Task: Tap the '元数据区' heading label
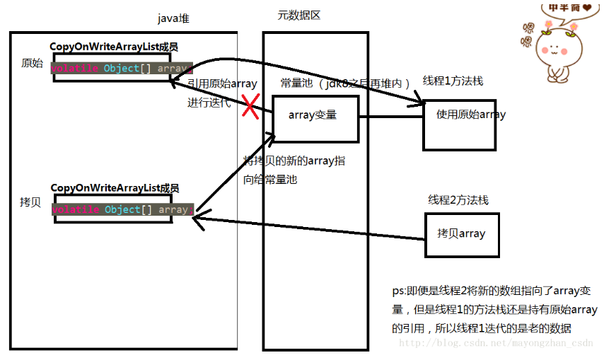pyautogui.click(x=300, y=15)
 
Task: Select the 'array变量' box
pyautogui.click(x=314, y=115)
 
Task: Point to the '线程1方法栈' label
pyautogui.click(x=453, y=81)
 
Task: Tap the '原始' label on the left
pyautogui.click(x=33, y=64)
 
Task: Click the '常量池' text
pyautogui.click(x=293, y=83)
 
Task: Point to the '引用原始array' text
pyautogui.click(x=222, y=83)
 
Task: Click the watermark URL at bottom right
pyautogui.click(x=495, y=343)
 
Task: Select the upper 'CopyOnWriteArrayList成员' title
pyautogui.click(x=113, y=47)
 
